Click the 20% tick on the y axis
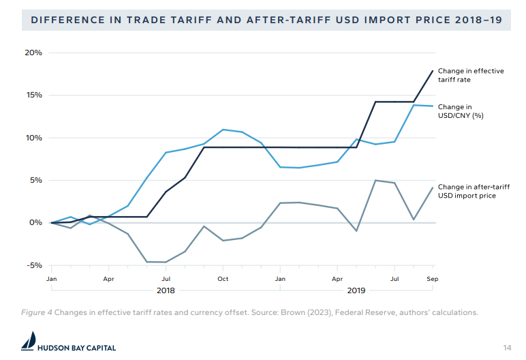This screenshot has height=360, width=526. (x=33, y=52)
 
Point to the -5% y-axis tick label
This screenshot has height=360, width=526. (x=33, y=265)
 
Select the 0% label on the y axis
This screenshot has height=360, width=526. (x=36, y=223)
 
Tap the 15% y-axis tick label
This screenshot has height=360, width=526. (x=33, y=95)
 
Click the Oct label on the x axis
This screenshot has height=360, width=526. (x=223, y=279)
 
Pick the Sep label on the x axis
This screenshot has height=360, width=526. (x=432, y=279)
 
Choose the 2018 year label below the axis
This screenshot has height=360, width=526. (x=166, y=290)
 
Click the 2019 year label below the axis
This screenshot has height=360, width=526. (x=356, y=290)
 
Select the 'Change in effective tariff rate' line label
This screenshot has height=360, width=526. (x=470, y=75)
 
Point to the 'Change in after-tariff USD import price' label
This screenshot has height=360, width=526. (x=471, y=191)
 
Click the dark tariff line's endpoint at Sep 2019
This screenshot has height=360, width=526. (x=433, y=71)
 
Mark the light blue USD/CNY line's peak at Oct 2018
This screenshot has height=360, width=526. (x=223, y=130)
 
